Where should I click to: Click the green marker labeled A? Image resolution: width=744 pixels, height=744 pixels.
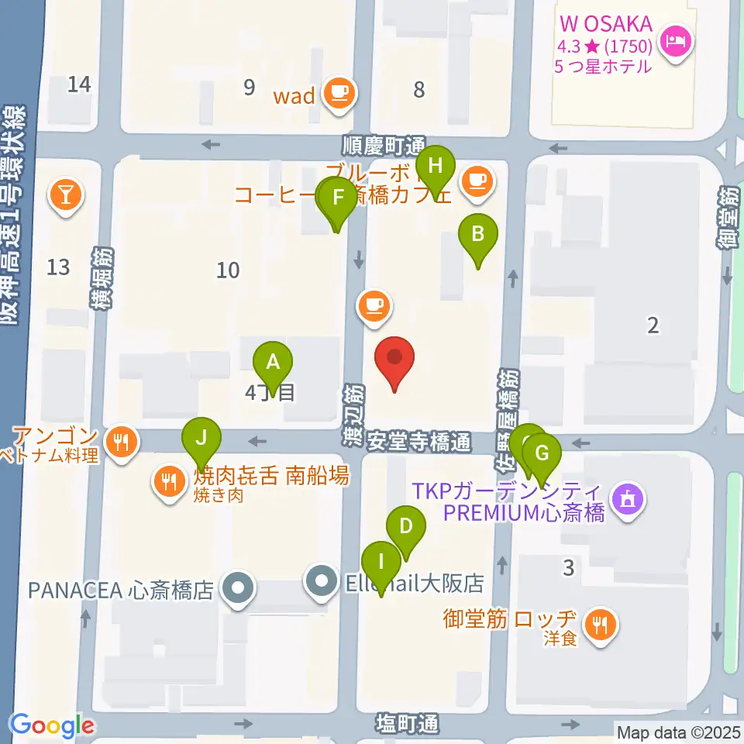273,361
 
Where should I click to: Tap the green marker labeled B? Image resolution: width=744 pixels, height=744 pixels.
478,232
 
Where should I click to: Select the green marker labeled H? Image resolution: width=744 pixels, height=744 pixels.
436,165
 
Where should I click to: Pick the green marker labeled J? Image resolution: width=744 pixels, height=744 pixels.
201,437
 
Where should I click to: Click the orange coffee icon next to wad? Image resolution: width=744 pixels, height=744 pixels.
338,94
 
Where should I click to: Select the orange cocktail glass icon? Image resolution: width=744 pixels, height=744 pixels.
66,193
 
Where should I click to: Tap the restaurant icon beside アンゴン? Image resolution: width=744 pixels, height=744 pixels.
120,442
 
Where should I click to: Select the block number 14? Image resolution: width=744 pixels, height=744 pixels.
78,84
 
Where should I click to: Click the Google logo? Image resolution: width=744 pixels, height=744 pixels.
52,725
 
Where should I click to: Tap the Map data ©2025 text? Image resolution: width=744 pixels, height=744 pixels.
678,731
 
